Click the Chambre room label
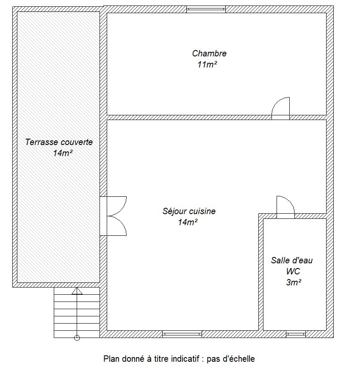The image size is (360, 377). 209,53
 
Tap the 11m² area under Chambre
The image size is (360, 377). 207,64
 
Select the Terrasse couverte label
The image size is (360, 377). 59,142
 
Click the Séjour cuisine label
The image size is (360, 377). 189,211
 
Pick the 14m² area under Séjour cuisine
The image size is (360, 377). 188,222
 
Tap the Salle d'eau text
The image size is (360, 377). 292,260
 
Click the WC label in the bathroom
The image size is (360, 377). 293,271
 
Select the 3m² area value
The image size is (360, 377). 294,282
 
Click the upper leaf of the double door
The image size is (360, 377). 122,209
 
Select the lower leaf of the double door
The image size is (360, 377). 122,222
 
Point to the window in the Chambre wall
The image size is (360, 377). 206,9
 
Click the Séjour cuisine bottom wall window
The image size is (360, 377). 182,334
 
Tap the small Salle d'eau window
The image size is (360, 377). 296,334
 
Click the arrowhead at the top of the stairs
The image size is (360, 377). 77,291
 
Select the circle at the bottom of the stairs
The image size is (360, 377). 77,338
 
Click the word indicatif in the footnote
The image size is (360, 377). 185,359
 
